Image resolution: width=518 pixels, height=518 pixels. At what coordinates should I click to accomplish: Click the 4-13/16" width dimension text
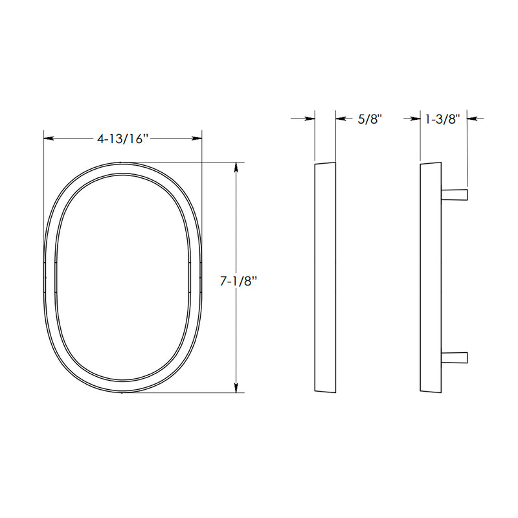(123, 139)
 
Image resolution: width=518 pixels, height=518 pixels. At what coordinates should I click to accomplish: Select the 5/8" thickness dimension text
(370, 118)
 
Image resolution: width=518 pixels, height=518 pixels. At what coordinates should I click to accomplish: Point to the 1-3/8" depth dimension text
(442, 118)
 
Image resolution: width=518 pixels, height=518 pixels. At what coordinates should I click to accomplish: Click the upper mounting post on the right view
(455, 194)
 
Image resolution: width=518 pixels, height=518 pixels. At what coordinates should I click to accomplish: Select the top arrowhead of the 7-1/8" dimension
(236, 167)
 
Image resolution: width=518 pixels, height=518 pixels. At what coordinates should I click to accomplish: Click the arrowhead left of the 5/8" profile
(310, 118)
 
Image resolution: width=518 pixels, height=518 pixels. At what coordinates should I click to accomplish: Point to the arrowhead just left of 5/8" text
(341, 118)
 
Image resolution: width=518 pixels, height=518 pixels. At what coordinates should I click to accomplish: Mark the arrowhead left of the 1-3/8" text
(416, 118)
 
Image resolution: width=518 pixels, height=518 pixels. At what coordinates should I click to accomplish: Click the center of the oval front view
(123, 277)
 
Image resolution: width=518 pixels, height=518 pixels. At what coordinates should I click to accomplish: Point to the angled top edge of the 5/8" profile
(325, 163)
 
